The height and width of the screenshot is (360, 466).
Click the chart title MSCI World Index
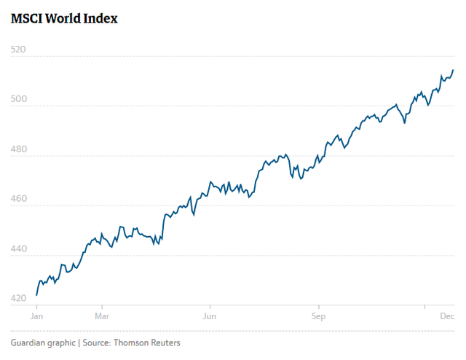(64, 18)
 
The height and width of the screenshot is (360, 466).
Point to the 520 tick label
(18, 50)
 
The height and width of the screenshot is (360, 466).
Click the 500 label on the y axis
(18, 99)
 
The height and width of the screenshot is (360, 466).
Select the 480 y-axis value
(18, 149)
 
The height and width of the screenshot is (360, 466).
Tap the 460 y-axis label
(18, 199)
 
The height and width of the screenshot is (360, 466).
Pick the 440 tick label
(18, 249)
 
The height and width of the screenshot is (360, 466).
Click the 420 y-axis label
(18, 299)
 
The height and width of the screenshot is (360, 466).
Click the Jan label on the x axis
(36, 317)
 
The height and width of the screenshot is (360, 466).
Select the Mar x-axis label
(101, 317)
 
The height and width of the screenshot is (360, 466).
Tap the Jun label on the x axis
(210, 317)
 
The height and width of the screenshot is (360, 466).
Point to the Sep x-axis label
(317, 317)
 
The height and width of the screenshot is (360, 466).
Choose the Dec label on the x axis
(446, 317)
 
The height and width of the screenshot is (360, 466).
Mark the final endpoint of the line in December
(453, 70)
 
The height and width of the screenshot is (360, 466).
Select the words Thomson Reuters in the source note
(148, 343)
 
